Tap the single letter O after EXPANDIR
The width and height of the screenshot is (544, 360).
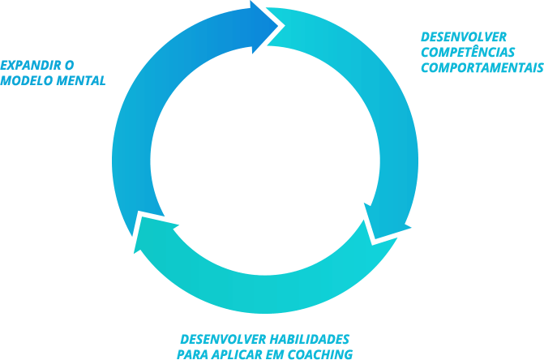click(x=66, y=64)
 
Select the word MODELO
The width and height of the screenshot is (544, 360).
click(x=24, y=81)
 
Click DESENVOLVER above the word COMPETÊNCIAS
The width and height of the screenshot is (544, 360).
click(x=464, y=36)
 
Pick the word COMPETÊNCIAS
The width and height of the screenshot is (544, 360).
click(x=468, y=52)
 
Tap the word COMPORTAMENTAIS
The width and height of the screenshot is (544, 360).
click(x=482, y=67)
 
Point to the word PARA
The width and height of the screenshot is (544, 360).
click(x=192, y=354)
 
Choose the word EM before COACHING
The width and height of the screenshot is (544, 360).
click(x=274, y=354)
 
